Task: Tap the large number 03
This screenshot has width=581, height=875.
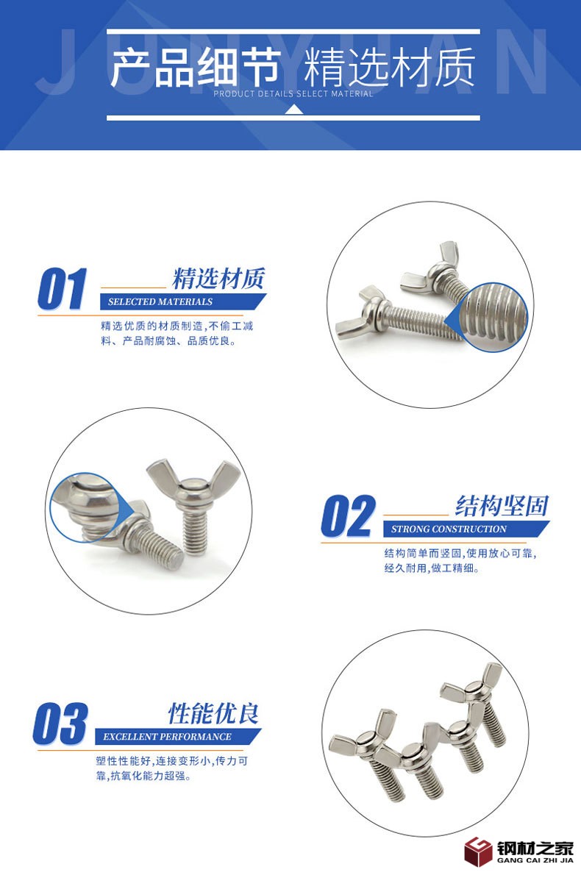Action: [60, 724]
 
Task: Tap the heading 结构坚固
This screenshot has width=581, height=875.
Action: [502, 506]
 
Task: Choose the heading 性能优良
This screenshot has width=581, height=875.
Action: [214, 714]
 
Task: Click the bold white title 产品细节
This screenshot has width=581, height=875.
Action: [195, 68]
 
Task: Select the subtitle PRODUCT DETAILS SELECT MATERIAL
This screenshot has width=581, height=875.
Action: [293, 94]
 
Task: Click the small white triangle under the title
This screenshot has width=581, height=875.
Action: [294, 110]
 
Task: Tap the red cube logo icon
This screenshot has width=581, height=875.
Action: [478, 851]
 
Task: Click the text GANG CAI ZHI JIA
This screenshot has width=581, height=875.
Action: [535, 860]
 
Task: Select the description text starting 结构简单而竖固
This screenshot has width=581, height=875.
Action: [460, 561]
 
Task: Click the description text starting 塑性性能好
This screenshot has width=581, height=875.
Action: [171, 768]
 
